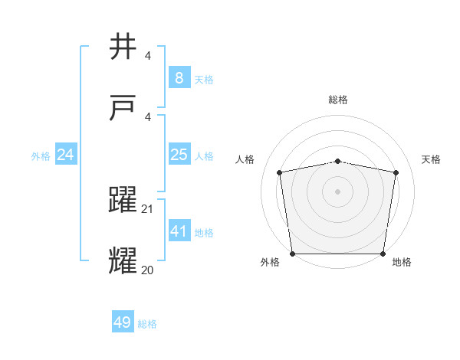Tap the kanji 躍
(123, 201)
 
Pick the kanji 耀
(123, 261)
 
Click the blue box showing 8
(179, 78)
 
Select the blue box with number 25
(179, 155)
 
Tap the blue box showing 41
(179, 231)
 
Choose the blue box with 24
(66, 155)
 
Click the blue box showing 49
(123, 323)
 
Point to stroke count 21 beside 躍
(148, 209)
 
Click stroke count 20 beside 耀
(148, 270)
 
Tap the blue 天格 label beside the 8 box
(204, 80)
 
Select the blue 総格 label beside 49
(147, 324)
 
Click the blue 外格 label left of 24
(41, 156)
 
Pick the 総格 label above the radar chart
(338, 100)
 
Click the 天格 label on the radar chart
(431, 159)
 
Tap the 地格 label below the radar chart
(402, 262)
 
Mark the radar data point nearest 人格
(280, 172)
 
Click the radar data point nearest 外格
(292, 254)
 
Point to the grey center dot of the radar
(338, 191)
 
